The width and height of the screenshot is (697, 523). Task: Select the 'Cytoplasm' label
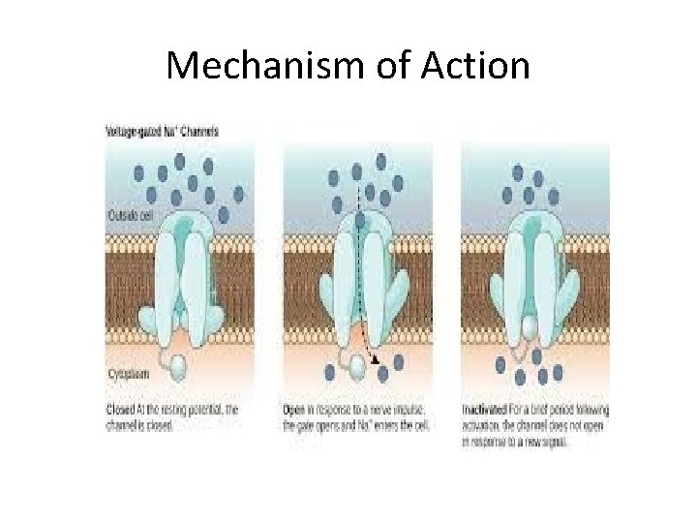130,372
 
